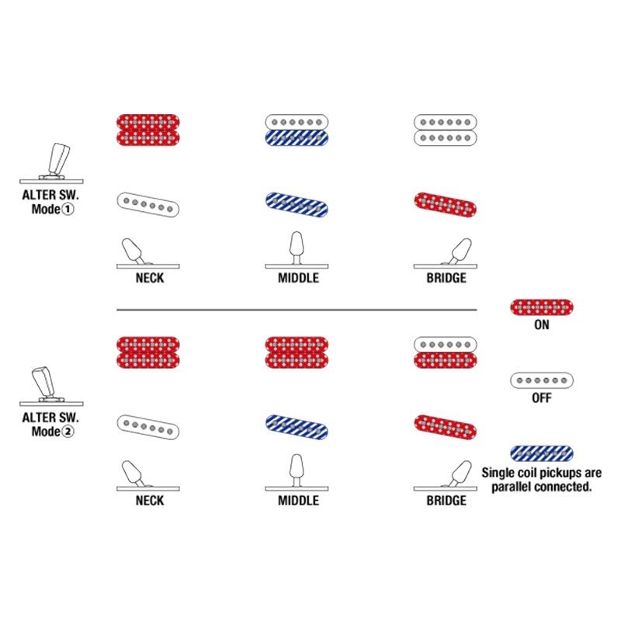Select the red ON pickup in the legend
click(x=541, y=307)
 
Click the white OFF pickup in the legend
click(x=541, y=380)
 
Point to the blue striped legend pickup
click(x=541, y=453)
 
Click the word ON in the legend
click(x=541, y=324)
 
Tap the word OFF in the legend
click(x=541, y=397)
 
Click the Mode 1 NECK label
click(x=150, y=278)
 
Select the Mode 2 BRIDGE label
click(x=446, y=500)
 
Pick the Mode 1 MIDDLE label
click(x=298, y=278)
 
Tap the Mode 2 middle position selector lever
click(x=297, y=471)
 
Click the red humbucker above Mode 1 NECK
click(x=148, y=130)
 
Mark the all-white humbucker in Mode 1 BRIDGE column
click(x=445, y=130)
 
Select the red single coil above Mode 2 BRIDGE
click(x=445, y=428)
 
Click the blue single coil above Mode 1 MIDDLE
click(x=297, y=205)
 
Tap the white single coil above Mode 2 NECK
click(x=148, y=428)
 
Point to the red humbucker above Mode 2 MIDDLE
click(x=297, y=352)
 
